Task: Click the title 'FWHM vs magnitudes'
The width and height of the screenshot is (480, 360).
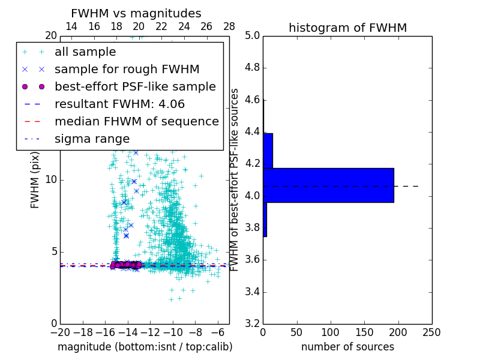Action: (x=136, y=13)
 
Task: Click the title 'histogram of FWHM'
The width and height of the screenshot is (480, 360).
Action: (x=347, y=28)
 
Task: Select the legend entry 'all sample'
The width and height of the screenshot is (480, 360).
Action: (x=85, y=52)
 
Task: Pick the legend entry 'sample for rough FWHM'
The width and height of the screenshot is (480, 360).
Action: (x=127, y=69)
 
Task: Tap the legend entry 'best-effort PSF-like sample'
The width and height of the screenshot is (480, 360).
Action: (x=135, y=86)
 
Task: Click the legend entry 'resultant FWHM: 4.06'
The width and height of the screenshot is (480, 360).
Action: (x=119, y=104)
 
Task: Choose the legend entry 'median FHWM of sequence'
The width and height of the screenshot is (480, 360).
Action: (x=136, y=121)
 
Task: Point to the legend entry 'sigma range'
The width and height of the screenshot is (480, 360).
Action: (x=92, y=139)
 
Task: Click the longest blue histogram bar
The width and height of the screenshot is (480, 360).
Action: (x=328, y=185)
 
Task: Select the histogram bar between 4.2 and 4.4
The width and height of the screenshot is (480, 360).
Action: (x=268, y=151)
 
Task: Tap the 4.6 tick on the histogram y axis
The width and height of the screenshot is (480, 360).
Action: (x=252, y=100)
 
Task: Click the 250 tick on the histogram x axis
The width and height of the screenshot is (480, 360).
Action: (x=431, y=332)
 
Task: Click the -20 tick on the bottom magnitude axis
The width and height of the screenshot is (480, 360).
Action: (x=60, y=332)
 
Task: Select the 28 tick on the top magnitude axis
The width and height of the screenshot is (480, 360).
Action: (x=229, y=27)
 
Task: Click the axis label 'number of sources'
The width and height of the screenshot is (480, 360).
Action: (x=347, y=347)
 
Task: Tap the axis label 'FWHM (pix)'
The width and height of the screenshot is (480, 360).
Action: (x=35, y=180)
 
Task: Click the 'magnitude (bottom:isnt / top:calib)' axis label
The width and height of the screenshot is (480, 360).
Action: (x=145, y=347)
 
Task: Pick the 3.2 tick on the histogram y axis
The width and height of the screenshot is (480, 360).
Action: (x=252, y=324)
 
